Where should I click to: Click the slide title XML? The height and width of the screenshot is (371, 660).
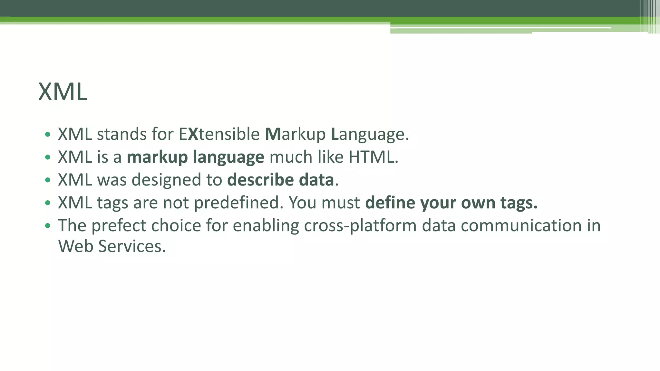tap(63, 92)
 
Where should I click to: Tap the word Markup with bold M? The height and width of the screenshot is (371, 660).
tap(295, 134)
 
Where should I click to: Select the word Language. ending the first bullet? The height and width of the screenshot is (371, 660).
tap(370, 134)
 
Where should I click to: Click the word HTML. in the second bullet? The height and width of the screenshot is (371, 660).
tap(373, 157)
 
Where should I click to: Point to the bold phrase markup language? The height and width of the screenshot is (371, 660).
tap(195, 157)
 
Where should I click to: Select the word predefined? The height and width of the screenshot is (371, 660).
tap(238, 203)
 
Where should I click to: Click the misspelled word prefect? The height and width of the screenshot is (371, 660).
tap(119, 225)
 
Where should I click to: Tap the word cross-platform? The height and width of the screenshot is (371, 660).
tap(360, 225)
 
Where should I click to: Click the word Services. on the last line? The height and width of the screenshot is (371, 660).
tap(132, 246)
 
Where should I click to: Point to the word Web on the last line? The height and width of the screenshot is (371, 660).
tap(76, 246)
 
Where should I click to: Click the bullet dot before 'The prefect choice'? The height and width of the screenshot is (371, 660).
tap(48, 226)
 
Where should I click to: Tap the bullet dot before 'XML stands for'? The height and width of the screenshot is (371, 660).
tap(48, 135)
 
